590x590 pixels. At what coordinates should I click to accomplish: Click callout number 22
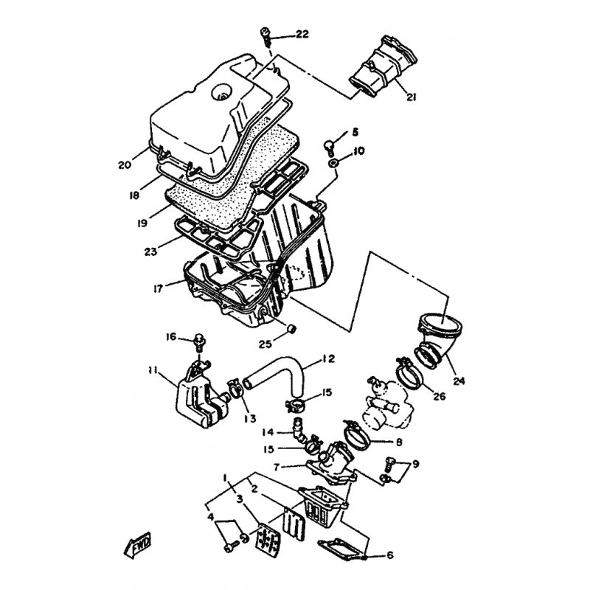302,34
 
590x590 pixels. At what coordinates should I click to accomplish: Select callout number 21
412,97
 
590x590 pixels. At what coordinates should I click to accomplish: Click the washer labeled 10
333,163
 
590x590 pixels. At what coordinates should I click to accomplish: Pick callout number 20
124,164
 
